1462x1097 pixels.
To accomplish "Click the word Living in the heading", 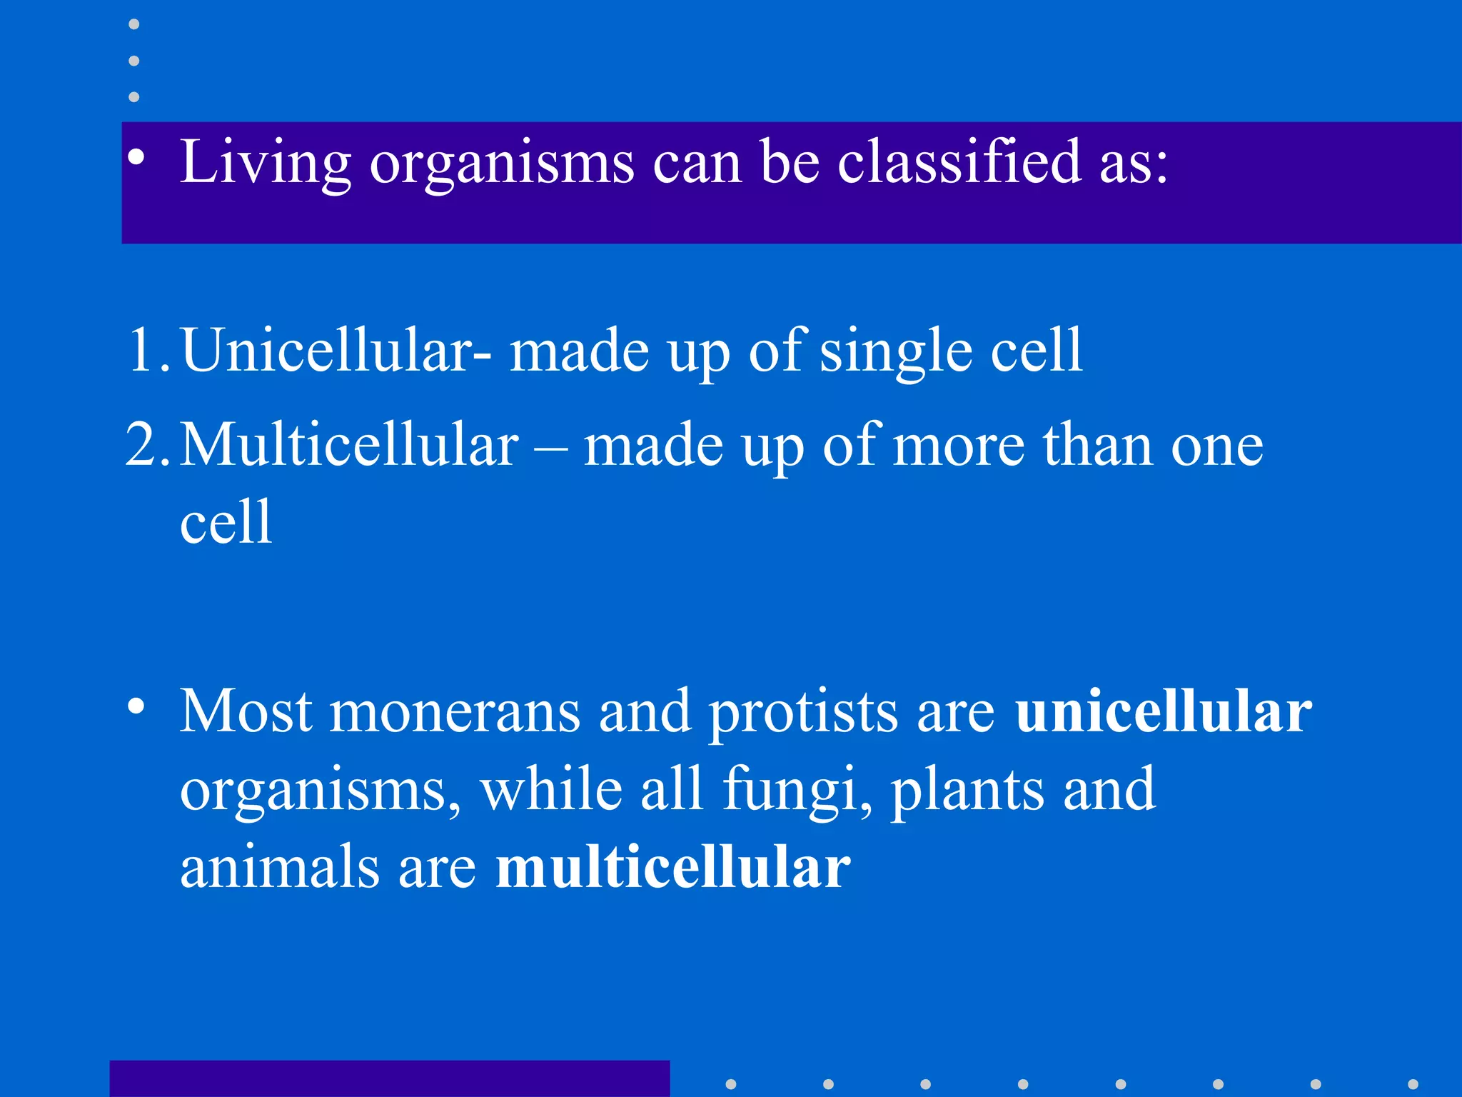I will click(265, 163).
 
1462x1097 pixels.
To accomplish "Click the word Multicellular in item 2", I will click(349, 445).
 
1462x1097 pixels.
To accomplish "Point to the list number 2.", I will click(146, 445).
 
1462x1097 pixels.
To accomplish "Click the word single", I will click(895, 351).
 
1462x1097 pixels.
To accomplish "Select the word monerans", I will click(454, 711).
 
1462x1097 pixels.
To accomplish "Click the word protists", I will click(802, 713).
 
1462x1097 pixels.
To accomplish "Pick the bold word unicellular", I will click(1163, 711).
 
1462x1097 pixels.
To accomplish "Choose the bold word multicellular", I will click(672, 867).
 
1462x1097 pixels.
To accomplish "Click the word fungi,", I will click(797, 791).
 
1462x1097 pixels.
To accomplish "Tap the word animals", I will click(279, 867).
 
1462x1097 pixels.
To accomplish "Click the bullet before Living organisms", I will click(136, 159).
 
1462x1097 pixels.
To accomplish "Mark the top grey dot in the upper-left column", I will click(133, 24).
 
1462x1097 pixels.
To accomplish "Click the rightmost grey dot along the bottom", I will click(1413, 1084).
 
